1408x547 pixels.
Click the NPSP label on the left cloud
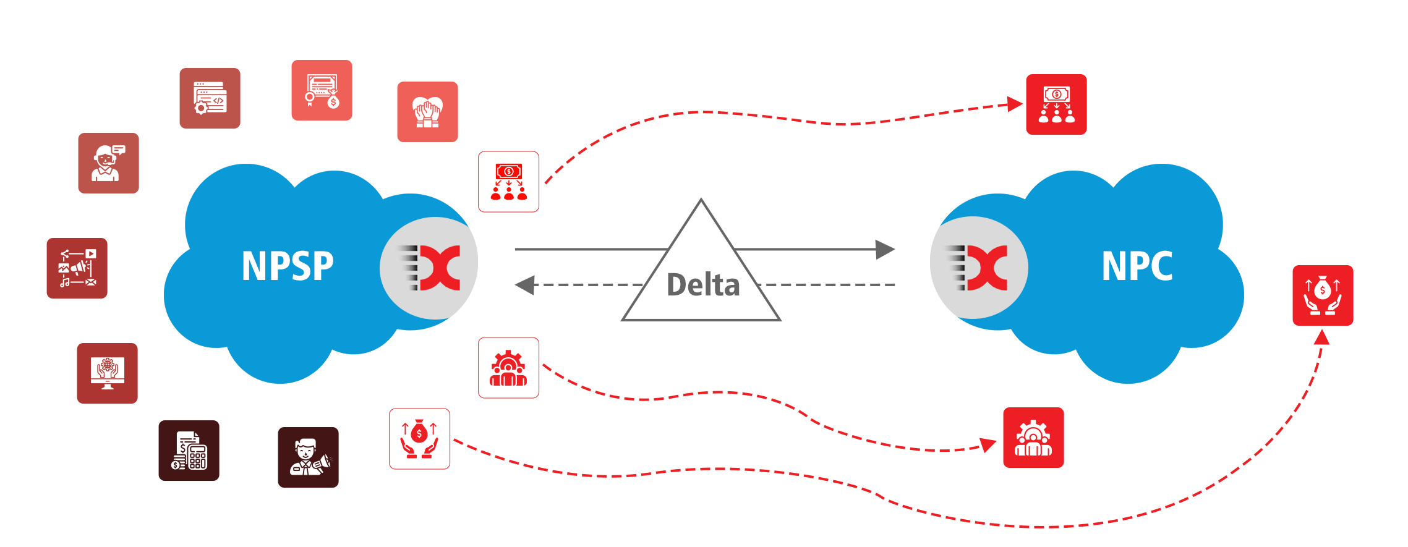[x=288, y=266]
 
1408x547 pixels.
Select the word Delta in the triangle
[x=703, y=285]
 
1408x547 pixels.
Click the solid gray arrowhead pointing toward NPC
[x=885, y=250]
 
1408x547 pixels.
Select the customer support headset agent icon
[x=108, y=163]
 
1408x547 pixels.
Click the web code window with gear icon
[x=210, y=98]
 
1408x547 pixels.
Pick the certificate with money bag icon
[x=322, y=90]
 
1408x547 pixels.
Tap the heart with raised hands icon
[x=427, y=112]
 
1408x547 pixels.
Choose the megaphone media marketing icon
[x=77, y=268]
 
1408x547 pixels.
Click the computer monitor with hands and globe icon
[x=107, y=373]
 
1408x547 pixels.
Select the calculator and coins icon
[x=189, y=451]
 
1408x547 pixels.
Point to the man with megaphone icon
[x=308, y=457]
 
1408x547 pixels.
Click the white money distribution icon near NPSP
[x=508, y=182]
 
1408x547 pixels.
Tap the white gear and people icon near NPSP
[x=508, y=368]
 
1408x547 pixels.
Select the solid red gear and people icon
[x=1033, y=438]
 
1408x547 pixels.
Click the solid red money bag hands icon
[x=1323, y=295]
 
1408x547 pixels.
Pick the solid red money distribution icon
[x=1056, y=104]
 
